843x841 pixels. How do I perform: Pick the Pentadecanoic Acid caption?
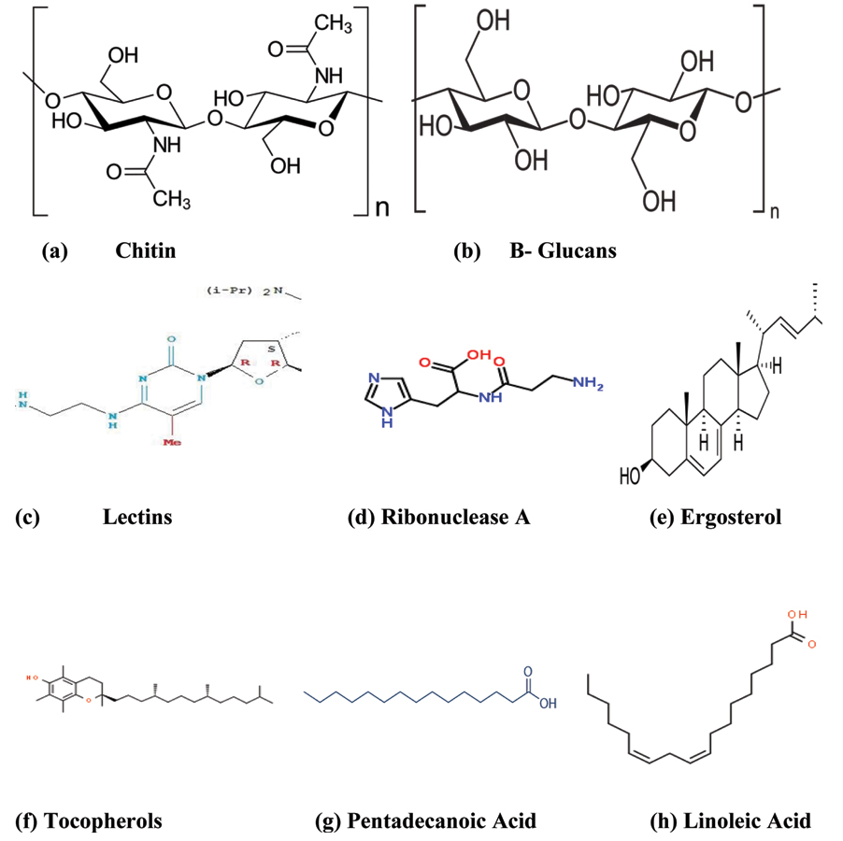[441, 822]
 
